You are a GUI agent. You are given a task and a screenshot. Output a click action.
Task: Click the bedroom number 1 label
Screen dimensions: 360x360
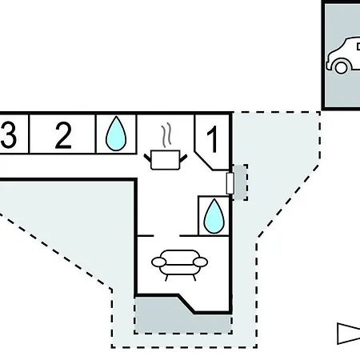click(x=213, y=139)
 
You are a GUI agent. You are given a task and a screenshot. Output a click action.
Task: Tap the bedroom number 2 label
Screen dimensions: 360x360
click(x=63, y=135)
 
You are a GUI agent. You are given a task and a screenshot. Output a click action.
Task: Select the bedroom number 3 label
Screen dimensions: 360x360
click(x=8, y=134)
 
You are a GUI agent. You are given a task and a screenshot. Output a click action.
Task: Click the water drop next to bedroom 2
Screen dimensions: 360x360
click(x=116, y=134)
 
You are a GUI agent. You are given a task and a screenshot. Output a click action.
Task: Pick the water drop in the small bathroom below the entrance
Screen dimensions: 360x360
click(x=214, y=216)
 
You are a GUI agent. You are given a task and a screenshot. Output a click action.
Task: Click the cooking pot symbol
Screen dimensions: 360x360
click(x=166, y=160)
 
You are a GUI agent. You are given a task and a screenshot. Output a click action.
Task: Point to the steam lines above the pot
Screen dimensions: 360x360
click(x=166, y=135)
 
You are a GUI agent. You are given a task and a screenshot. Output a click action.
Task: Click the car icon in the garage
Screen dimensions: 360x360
click(x=343, y=55)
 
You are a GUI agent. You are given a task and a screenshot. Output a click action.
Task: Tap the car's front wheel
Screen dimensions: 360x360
click(x=341, y=67)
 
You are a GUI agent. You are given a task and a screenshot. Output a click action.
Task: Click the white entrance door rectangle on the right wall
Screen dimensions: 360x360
click(x=230, y=183)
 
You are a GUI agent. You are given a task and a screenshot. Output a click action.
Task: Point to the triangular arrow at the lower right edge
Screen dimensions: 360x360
click(x=349, y=334)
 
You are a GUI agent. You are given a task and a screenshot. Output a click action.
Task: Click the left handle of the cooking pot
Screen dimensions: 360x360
click(x=147, y=158)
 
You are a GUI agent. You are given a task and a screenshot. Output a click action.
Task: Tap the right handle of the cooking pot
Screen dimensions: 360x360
click(x=183, y=158)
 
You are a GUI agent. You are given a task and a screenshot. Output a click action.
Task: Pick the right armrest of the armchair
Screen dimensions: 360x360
click(x=200, y=262)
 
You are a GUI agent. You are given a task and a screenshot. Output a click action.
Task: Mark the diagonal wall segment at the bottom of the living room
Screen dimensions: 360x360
click(x=186, y=303)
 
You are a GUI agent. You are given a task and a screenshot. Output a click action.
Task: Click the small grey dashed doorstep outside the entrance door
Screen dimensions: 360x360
click(x=241, y=182)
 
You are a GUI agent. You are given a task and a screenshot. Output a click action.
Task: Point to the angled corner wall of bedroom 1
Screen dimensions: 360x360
click(x=204, y=161)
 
